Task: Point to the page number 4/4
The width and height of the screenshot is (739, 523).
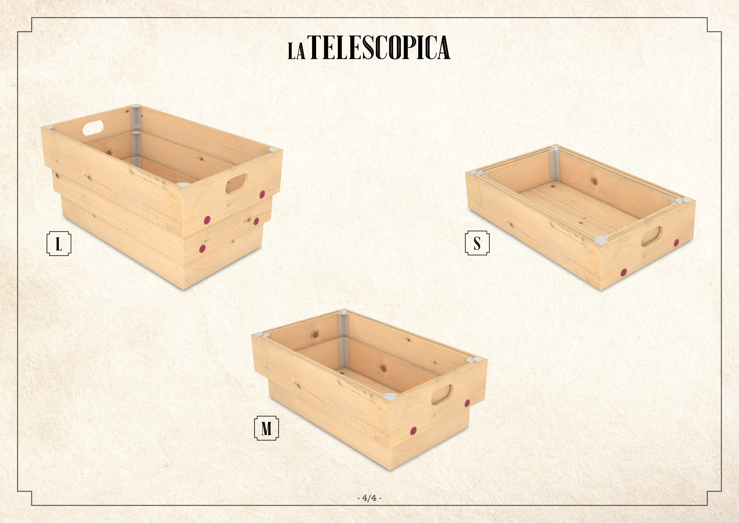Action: click(369, 498)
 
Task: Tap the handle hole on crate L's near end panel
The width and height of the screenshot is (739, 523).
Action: click(237, 184)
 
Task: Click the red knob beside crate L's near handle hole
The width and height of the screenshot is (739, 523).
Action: click(262, 194)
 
